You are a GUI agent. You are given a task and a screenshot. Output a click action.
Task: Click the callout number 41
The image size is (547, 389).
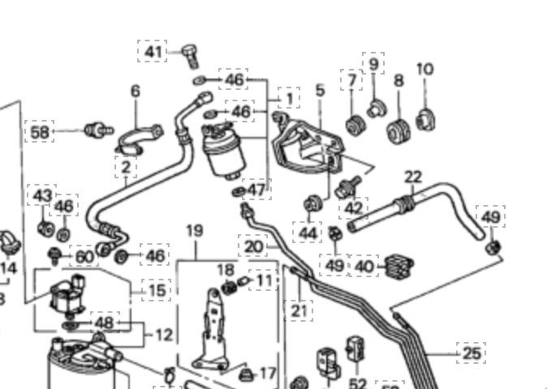153,53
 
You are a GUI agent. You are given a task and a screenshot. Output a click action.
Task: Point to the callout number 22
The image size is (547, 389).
413,177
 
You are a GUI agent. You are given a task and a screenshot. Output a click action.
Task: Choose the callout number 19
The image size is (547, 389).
194,232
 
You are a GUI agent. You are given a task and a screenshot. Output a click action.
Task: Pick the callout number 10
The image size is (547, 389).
424,69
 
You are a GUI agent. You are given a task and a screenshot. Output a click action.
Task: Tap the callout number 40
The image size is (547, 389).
364,265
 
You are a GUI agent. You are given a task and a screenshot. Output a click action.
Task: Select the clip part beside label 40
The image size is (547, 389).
400,264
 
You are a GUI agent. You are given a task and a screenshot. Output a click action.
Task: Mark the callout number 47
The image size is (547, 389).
256,190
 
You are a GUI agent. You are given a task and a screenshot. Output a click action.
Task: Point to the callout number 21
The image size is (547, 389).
300,309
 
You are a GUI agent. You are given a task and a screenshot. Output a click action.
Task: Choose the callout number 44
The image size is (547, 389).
308,233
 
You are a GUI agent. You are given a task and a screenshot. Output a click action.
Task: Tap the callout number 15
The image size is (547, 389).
157,289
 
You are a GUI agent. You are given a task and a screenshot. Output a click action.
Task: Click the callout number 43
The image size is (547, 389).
42,196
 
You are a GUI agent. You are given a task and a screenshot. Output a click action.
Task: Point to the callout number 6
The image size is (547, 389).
135,90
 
